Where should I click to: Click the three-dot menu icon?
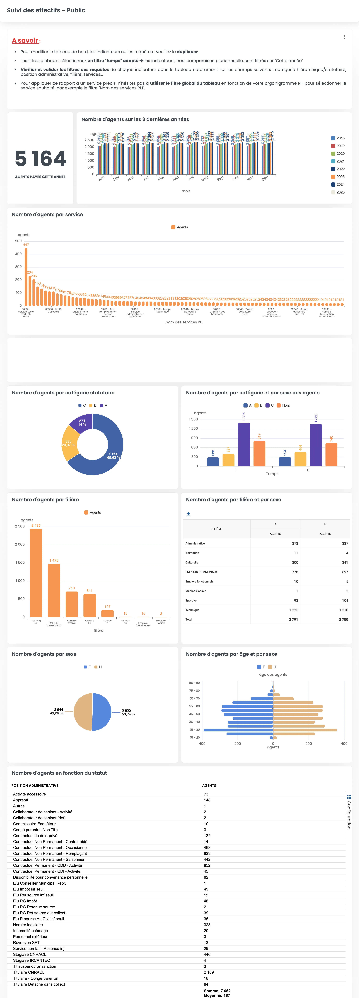[344, 37]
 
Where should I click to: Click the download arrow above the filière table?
[188, 514]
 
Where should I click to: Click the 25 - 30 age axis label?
[195, 730]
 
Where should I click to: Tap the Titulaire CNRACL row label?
[29, 972]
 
